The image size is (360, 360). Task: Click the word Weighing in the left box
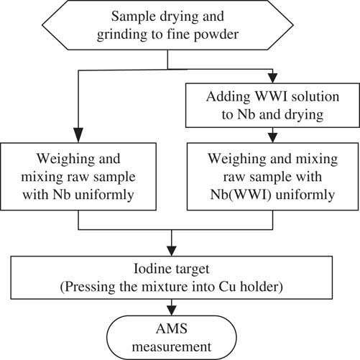click(65, 160)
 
